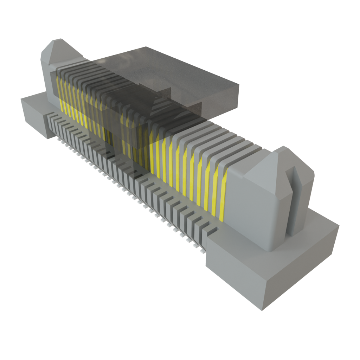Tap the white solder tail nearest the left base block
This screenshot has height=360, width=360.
click(58, 140)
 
